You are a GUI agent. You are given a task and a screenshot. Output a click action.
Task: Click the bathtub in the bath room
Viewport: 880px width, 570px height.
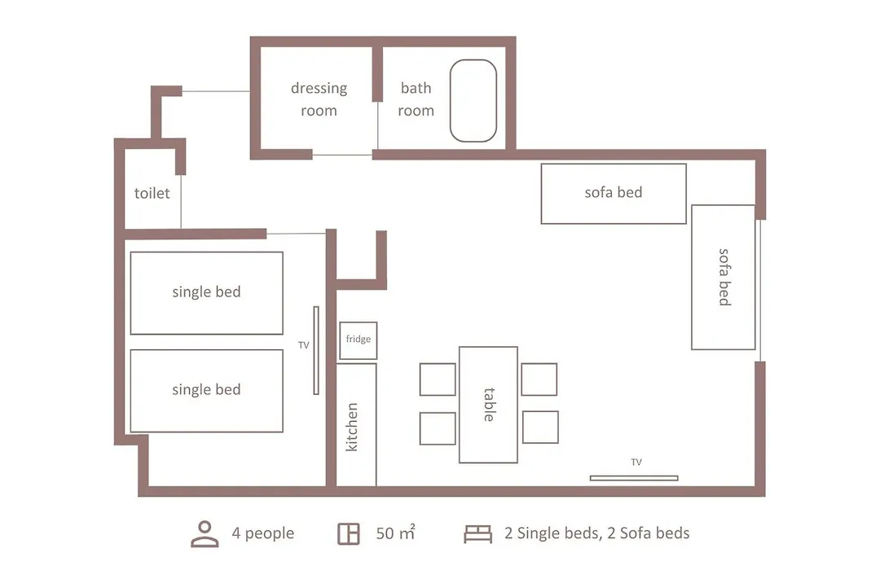click(x=473, y=100)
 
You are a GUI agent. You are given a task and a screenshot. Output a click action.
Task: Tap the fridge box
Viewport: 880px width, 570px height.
click(x=358, y=340)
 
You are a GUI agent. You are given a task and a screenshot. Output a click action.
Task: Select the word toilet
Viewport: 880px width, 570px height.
click(x=152, y=193)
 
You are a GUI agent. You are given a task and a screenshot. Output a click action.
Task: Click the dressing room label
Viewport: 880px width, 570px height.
click(x=319, y=99)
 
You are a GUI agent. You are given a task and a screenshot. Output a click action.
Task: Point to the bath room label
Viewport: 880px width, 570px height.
click(x=416, y=99)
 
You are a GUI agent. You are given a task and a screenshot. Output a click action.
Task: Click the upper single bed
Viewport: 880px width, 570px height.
click(x=206, y=293)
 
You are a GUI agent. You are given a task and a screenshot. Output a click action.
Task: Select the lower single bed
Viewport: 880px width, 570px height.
click(x=206, y=391)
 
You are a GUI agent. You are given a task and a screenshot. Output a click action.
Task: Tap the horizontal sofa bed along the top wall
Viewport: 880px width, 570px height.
click(x=614, y=194)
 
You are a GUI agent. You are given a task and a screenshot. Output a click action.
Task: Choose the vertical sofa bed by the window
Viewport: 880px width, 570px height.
click(x=723, y=277)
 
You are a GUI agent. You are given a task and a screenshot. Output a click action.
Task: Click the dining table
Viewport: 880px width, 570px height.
click(x=488, y=405)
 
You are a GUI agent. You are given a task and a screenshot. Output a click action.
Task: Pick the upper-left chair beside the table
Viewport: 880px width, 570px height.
click(x=438, y=379)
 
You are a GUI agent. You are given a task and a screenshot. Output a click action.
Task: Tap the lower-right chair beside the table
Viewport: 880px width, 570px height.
click(x=540, y=427)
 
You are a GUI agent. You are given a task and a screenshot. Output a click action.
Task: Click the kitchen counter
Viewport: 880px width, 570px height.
click(x=356, y=425)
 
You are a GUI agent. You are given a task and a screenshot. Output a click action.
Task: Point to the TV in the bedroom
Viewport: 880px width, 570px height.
click(x=316, y=350)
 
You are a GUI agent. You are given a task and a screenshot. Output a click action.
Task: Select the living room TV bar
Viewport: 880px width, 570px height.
click(x=634, y=478)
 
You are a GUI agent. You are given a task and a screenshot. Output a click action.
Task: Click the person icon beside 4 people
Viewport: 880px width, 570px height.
click(x=205, y=533)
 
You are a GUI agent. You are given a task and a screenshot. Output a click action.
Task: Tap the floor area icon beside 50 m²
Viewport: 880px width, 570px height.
click(x=348, y=533)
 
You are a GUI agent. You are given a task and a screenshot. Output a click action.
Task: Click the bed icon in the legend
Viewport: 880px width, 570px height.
click(x=477, y=534)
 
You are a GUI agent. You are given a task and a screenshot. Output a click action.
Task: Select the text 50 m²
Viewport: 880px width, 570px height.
click(x=396, y=533)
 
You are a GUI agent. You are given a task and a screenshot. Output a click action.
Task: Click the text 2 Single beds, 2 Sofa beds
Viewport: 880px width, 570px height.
click(x=596, y=533)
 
